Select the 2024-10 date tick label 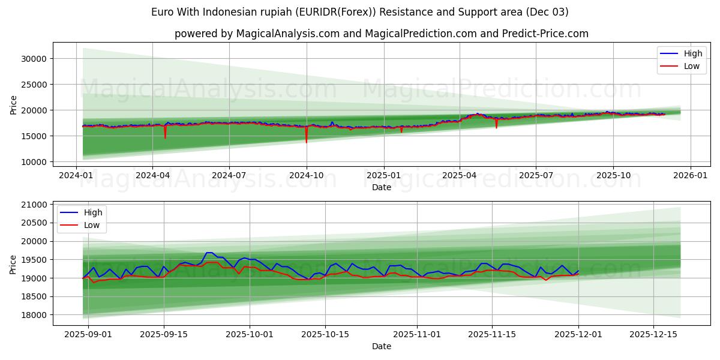click(307, 175)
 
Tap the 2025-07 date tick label click(536, 175)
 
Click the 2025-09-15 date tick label click(164, 334)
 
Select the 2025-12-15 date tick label click(652, 334)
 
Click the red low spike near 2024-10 click(306, 142)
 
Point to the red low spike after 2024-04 click(165, 137)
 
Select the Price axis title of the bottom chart click(13, 264)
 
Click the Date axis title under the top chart click(381, 187)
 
